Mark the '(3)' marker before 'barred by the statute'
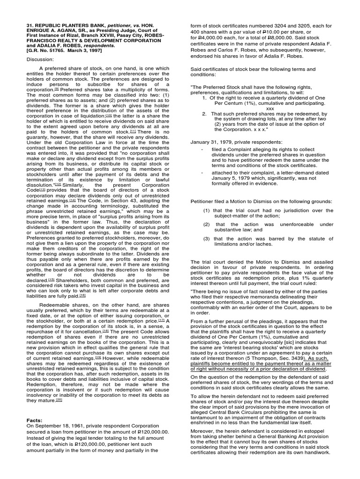tap(207, 239)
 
